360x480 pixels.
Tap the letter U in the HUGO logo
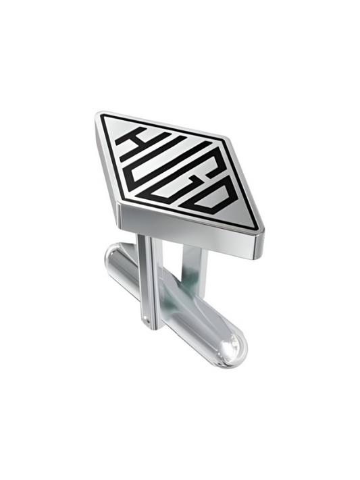coord(164,161)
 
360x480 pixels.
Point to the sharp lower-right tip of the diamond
coord(261,230)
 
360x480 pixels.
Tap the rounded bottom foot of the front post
coord(149,329)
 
